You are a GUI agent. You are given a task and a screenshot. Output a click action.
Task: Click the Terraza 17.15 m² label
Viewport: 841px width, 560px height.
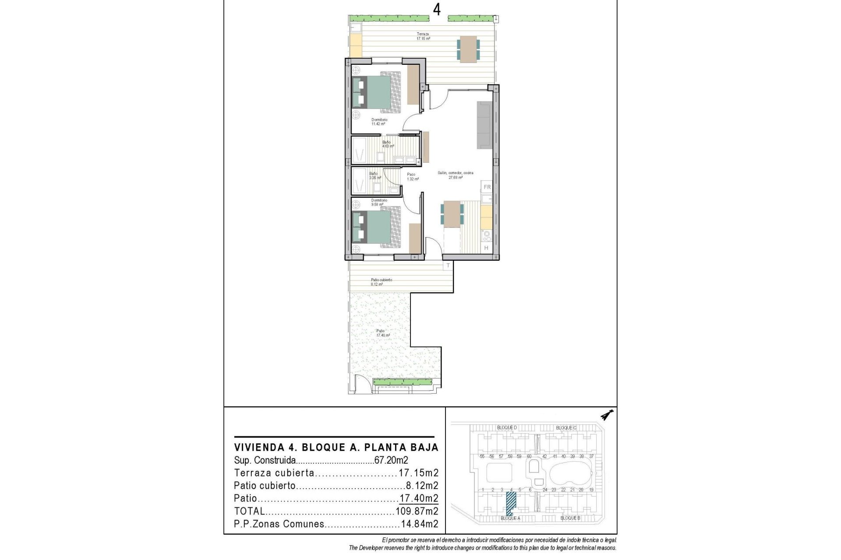pos(423,36)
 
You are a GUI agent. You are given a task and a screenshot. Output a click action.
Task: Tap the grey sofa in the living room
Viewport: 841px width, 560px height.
pos(485,125)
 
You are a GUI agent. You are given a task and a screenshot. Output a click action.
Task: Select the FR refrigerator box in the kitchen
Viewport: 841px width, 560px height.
pos(487,187)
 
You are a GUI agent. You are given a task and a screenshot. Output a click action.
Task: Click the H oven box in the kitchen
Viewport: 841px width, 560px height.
pos(486,248)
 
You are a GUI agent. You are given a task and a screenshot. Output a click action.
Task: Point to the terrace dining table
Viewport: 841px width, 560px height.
pos(469,48)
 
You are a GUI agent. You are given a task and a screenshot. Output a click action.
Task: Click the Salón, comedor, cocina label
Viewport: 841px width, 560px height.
pos(456,175)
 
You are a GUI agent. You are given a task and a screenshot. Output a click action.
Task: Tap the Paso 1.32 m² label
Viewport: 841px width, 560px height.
pos(411,177)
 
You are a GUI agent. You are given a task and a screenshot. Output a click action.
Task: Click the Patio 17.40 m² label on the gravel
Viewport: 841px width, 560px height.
pos(381,333)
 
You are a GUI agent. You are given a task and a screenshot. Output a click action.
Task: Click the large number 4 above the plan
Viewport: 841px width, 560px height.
pos(437,9)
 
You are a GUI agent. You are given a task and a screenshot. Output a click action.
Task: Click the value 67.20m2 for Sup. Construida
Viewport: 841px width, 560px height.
pos(391,460)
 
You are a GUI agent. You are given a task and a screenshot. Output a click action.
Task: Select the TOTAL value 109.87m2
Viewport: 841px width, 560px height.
pos(417,511)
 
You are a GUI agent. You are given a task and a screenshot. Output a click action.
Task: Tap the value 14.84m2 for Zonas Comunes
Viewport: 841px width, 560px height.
pos(419,524)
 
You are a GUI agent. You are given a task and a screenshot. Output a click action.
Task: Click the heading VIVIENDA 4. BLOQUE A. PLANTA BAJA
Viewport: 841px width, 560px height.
pos(336,448)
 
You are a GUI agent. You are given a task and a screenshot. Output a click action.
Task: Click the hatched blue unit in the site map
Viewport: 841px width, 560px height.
pos(511,503)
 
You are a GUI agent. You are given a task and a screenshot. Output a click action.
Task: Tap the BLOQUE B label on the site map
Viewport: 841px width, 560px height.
pos(570,518)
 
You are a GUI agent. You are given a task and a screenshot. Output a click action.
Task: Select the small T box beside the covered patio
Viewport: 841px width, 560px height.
pos(448,266)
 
